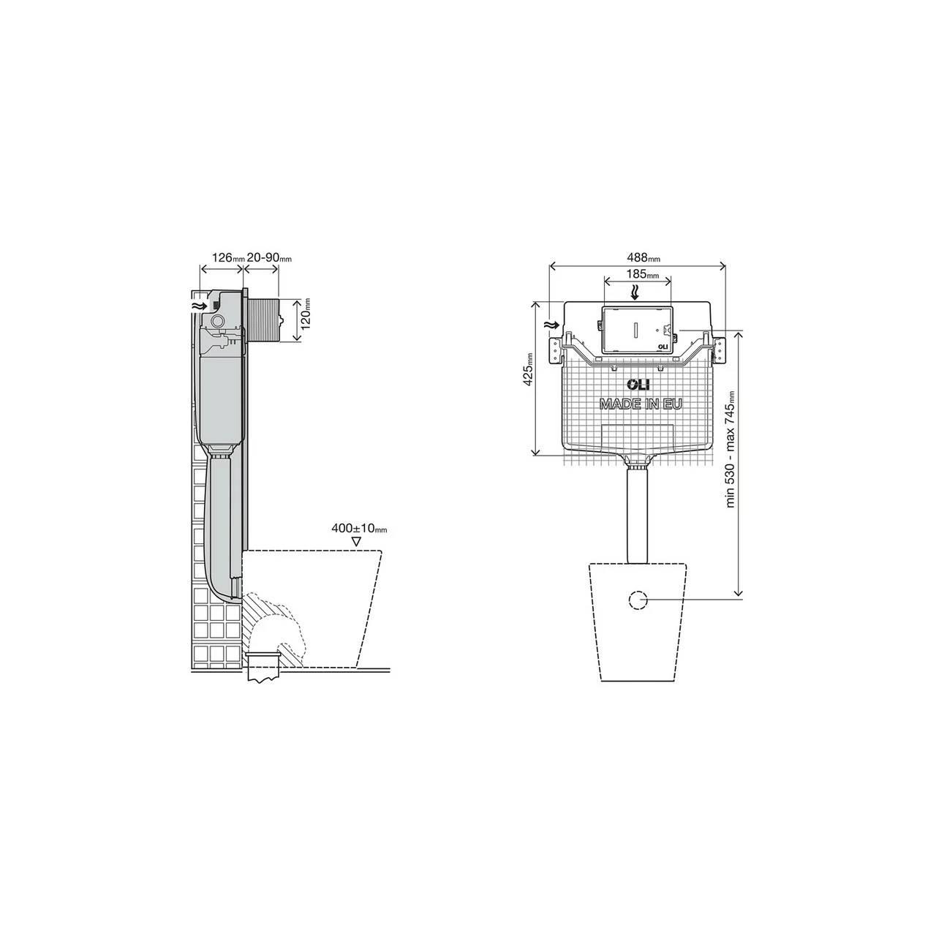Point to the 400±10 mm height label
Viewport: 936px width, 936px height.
[358, 528]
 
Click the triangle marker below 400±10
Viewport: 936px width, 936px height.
[357, 542]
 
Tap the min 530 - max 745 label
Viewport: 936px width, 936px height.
[730, 449]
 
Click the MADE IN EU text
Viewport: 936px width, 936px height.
[641, 404]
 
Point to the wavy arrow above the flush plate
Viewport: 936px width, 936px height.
[635, 292]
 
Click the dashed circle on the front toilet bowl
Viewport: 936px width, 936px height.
[638, 600]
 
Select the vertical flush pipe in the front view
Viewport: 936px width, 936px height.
[638, 516]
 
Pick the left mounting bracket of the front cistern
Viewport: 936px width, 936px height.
[557, 349]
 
